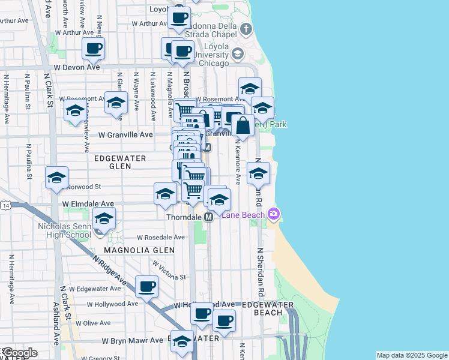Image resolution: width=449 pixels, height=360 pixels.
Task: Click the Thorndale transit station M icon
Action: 209,217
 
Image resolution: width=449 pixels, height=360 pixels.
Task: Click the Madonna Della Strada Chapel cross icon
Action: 246,29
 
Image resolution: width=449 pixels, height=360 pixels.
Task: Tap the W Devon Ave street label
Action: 76,68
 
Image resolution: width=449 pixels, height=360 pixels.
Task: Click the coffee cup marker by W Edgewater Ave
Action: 146,287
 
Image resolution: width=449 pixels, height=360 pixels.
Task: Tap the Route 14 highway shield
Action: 5,205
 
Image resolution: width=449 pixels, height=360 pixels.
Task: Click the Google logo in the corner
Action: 19,353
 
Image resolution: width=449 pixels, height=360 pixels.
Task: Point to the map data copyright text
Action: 412,355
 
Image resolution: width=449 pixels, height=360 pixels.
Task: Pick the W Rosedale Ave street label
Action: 161,237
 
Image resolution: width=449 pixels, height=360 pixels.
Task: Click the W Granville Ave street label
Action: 125,135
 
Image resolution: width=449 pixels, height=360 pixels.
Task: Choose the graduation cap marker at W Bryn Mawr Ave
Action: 182,341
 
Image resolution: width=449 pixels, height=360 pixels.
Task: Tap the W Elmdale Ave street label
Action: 88,204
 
